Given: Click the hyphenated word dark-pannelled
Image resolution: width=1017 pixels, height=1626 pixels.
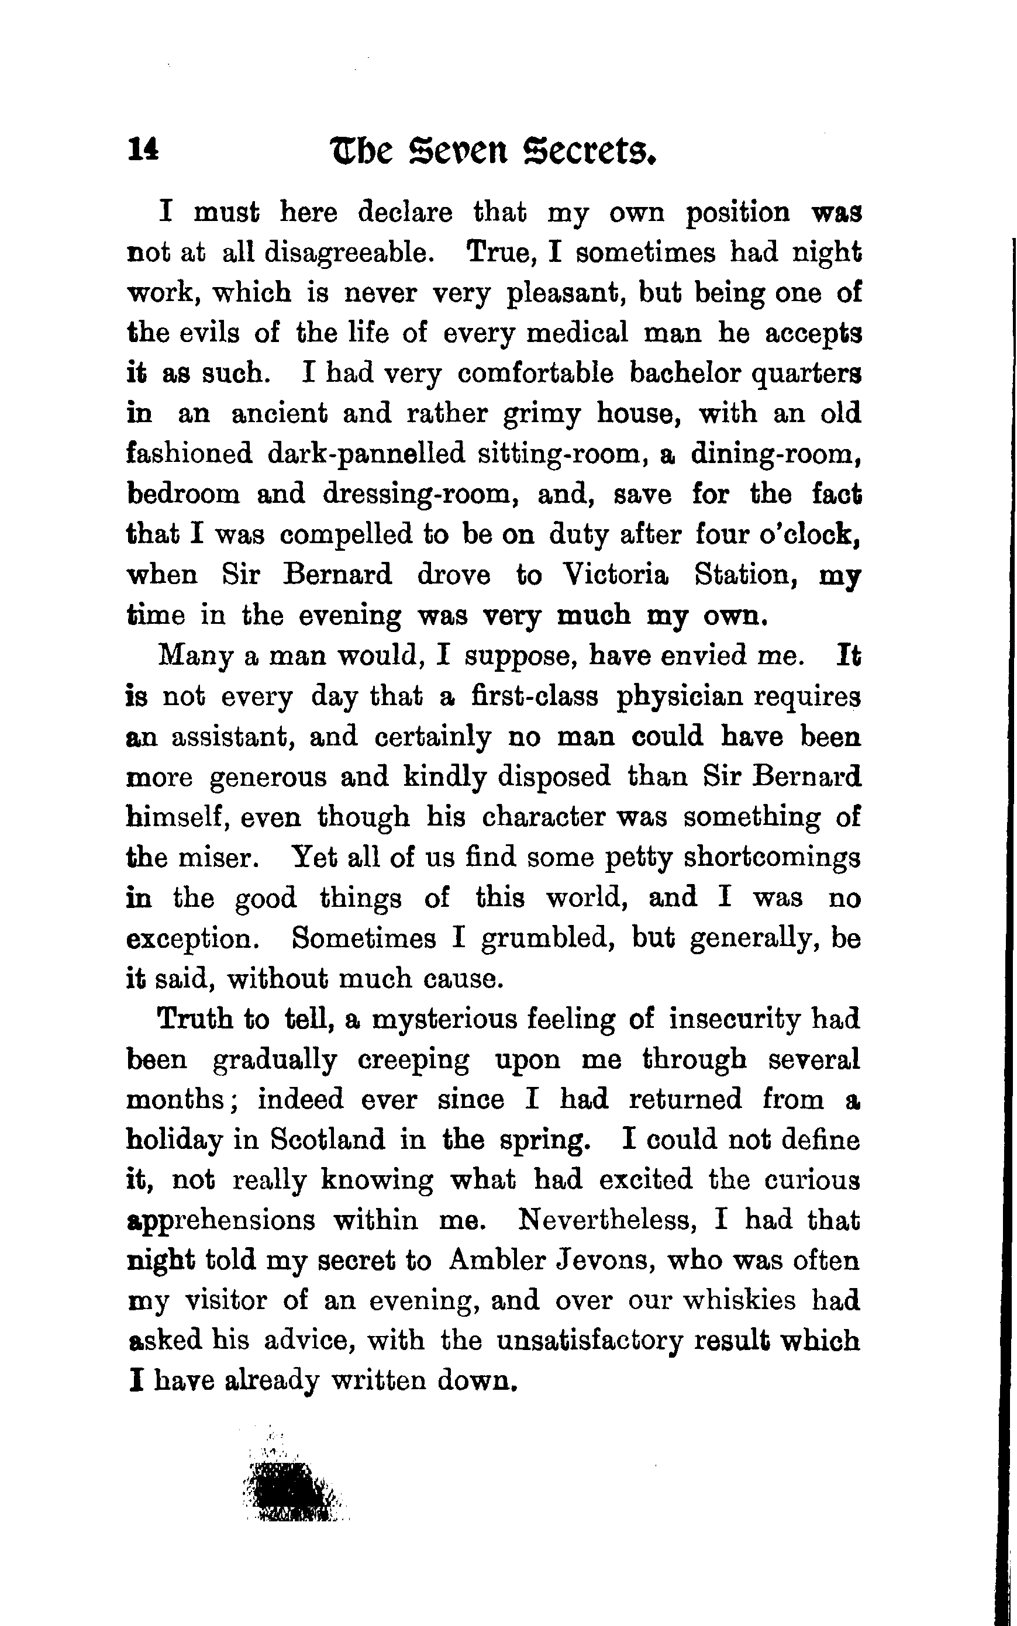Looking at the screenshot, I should tap(366, 454).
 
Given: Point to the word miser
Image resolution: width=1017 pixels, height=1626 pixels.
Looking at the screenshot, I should tap(214, 859).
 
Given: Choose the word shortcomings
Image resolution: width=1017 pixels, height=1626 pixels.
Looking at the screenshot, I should tap(771, 859).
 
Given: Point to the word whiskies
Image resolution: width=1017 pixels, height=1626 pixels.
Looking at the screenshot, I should tap(739, 1301).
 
